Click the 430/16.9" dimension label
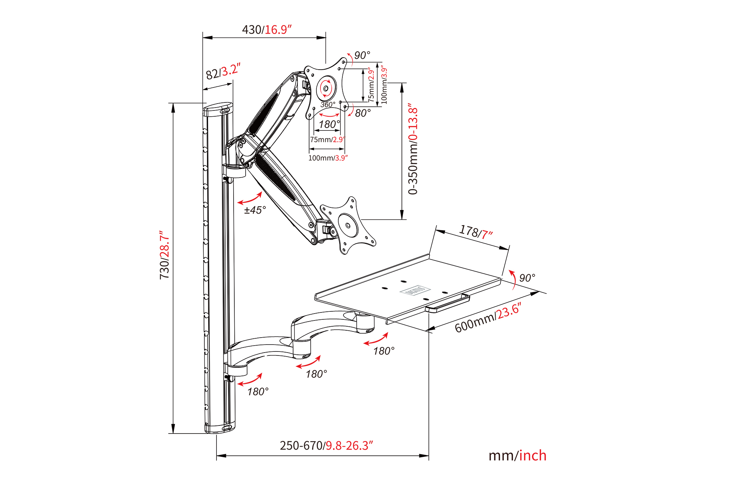pos(267,30)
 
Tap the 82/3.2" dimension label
pos(223,71)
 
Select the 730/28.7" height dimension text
pos(165,255)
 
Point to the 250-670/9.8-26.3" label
pos(326,446)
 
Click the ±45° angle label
pos(255,210)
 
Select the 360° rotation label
pos(327,105)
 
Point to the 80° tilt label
pos(362,113)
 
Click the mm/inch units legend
pos(517,456)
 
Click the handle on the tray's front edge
pos(447,303)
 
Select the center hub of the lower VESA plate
pos(347,225)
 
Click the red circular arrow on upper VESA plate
pos(326,88)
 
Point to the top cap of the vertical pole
pos(218,109)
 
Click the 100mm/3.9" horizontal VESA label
pos(328,158)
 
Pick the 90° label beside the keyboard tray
pos(527,278)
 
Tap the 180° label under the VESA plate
pos(329,125)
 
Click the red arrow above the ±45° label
pos(250,198)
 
